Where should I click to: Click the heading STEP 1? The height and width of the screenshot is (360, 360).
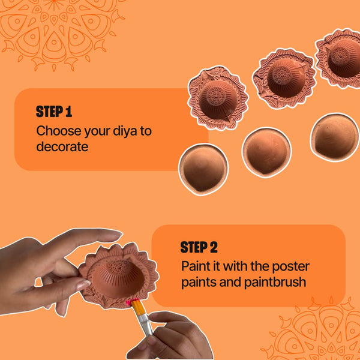click(x=54, y=112)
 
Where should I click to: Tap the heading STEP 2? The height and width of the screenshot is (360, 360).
click(x=199, y=247)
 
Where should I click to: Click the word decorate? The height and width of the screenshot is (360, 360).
click(x=62, y=146)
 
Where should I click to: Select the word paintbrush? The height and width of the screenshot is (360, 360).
click(x=275, y=282)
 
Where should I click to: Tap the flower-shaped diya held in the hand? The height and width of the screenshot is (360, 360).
click(x=119, y=275)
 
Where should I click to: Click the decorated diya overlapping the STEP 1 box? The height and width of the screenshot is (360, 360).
click(x=217, y=98)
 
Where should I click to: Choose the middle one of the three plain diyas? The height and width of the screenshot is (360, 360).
click(x=266, y=152)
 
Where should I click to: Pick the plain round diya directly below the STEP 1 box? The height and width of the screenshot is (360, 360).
click(x=203, y=169)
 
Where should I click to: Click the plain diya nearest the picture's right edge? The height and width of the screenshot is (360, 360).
click(x=335, y=137)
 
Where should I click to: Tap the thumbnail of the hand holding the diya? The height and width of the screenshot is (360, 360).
click(x=83, y=286)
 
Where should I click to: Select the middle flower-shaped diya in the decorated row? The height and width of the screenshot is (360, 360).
click(x=284, y=79)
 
